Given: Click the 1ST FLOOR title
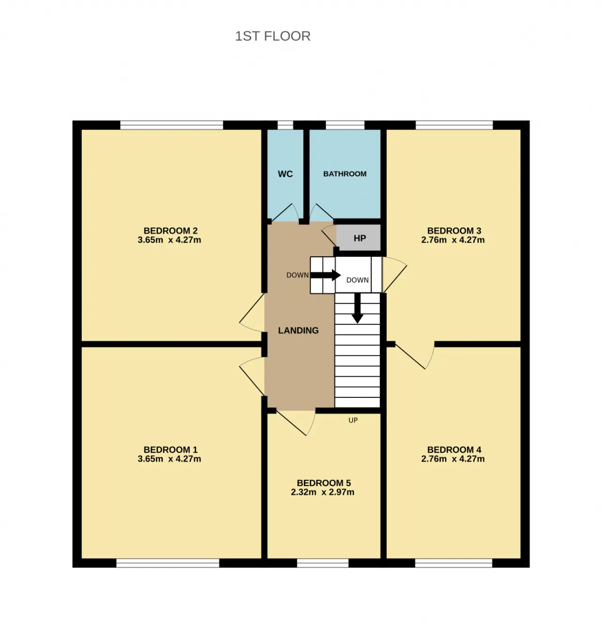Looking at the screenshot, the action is [x=272, y=36].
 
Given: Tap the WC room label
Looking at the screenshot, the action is [x=285, y=174].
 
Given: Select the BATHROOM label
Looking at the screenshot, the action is [x=345, y=174].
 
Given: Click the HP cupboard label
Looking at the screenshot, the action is [x=359, y=238].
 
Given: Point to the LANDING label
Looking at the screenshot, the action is [x=298, y=330].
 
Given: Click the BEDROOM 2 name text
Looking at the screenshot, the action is [x=170, y=231].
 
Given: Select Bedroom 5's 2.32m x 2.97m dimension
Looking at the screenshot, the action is [x=323, y=492].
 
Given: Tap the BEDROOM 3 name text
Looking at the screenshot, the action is [x=454, y=231].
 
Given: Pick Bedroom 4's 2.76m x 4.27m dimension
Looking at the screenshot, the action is [x=453, y=458].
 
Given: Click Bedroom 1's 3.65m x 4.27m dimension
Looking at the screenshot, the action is [x=169, y=458].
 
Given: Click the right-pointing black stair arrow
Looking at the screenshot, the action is [x=325, y=275].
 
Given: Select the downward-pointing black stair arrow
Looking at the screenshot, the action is [x=357, y=308].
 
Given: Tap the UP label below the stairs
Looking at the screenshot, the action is [x=353, y=420].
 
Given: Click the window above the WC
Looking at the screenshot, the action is [x=285, y=125].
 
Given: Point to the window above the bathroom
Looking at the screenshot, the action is [x=345, y=125].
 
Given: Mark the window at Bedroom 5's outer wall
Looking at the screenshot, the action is [x=323, y=563].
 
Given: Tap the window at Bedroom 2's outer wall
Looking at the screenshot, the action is [x=172, y=125].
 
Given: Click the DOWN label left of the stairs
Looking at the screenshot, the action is [x=298, y=275].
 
